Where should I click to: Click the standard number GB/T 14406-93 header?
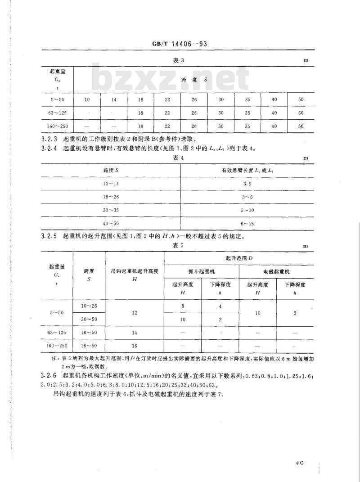tap(180, 44)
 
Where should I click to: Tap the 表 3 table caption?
tap(180, 60)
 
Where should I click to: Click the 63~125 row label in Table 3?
tap(57, 113)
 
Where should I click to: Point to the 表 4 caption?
tap(180, 158)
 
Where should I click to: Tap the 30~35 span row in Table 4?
tap(111, 210)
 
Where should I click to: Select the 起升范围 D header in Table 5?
tap(238, 259)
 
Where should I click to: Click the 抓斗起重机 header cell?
tap(202, 272)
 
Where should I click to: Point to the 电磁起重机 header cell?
tap(276, 272)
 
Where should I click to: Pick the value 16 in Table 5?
tap(135, 346)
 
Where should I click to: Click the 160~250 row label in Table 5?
tap(57, 346)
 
